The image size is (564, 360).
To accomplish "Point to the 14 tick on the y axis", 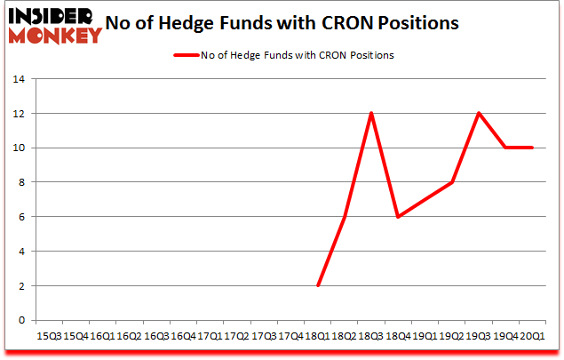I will coord(18,80).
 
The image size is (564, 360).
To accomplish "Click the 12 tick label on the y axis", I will coord(18,114).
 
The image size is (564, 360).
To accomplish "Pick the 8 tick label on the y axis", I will coord(20,183).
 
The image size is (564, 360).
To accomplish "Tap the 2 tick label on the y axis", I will coord(20,286).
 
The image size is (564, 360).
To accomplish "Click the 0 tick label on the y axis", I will coord(20,321).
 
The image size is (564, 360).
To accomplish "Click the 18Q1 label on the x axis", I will coord(317,336).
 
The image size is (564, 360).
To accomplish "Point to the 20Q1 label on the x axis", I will coord(532,336).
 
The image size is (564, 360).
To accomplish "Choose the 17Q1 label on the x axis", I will coord(210,336).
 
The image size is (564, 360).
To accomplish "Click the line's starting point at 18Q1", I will coord(317,285).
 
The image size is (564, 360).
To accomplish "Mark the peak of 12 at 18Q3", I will coord(371,113).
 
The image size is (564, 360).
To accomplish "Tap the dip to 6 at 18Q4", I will coord(398,217).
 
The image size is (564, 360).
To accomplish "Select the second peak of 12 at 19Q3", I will coord(479,113).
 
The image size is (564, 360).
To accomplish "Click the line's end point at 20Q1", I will coord(532,148).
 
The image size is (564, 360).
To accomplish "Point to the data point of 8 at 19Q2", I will coord(452,182).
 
